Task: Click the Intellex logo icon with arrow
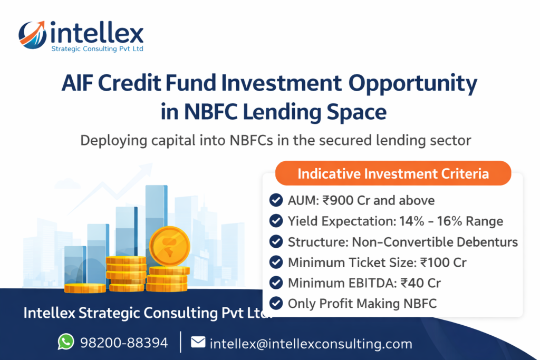tap(32, 35)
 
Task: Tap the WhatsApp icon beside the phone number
tap(66, 343)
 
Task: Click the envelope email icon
tap(198, 343)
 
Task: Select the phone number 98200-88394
tap(124, 343)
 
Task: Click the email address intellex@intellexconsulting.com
tap(311, 344)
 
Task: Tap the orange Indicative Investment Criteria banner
tap(393, 173)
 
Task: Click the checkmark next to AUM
tap(275, 200)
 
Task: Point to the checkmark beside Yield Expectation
tap(275, 221)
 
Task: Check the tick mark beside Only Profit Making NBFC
tap(275, 303)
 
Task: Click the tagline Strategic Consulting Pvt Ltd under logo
tap(97, 49)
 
